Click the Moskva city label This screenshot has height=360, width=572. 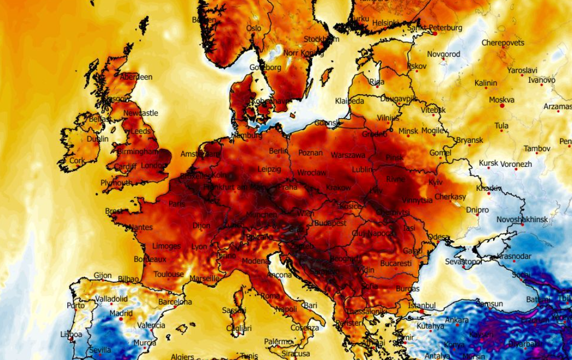coord(501,100)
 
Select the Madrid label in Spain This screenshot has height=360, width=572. coord(120,313)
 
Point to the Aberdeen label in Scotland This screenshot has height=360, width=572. coord(136,77)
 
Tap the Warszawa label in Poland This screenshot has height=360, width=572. coord(348,155)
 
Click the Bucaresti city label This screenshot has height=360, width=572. coord(395,263)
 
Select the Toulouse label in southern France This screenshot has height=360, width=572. coord(169,274)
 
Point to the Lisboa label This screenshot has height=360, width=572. coord(71,334)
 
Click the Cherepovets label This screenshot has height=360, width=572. coord(502,43)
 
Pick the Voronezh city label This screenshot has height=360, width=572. coord(516,164)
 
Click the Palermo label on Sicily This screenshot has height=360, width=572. coord(278,341)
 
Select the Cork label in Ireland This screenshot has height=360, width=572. coord(77,161)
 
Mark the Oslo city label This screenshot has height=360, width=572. coord(253,28)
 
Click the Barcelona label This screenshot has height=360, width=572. coord(175,302)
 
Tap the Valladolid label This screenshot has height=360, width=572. coord(111,299)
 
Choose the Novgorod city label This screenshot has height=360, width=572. coord(443,54)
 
